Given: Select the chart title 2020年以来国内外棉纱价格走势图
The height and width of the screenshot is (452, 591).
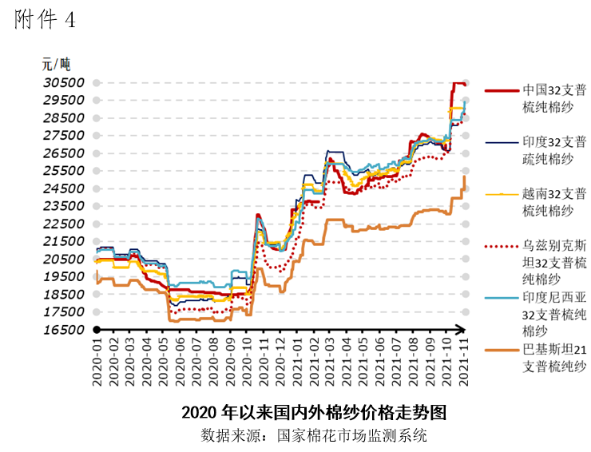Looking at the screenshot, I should tap(313, 413).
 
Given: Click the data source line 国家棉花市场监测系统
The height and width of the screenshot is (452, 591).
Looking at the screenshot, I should tap(314, 436).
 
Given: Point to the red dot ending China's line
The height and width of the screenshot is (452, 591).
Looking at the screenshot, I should tap(465, 84).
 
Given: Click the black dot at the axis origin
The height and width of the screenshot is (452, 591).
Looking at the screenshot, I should tap(96, 330).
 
